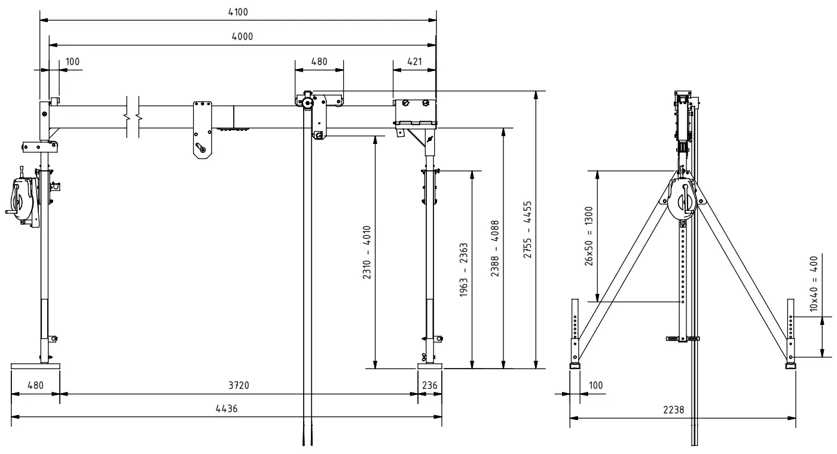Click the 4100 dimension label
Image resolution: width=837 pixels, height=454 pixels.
(239, 12)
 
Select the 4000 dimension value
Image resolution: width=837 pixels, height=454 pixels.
(242, 36)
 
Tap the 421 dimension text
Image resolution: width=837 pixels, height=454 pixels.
(414, 61)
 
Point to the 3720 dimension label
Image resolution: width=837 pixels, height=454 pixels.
(239, 385)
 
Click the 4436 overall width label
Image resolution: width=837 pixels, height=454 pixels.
(225, 409)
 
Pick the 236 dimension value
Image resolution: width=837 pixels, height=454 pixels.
(430, 385)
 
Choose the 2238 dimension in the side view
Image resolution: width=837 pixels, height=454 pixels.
(673, 410)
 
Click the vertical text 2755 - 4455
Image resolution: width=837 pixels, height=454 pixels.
(528, 229)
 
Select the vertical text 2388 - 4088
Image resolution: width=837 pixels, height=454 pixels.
(496, 249)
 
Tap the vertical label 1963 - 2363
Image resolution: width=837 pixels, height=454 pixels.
(464, 270)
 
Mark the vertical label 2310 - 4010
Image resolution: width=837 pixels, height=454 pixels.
(366, 253)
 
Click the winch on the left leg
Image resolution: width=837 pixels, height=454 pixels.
(24, 200)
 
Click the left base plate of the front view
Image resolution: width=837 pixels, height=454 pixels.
(35, 366)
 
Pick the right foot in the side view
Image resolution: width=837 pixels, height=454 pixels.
(791, 363)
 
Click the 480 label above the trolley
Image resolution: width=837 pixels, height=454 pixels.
(319, 61)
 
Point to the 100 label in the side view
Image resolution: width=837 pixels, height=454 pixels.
(596, 385)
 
